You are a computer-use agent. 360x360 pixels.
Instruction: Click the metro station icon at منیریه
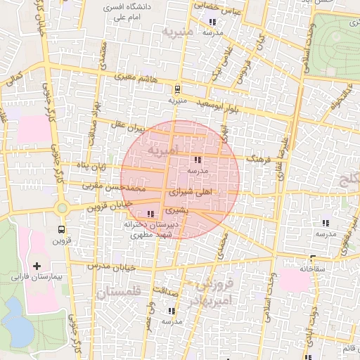(176, 89)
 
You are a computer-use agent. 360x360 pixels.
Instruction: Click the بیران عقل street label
(129, 127)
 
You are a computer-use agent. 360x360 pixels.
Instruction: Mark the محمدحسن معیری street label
(114, 188)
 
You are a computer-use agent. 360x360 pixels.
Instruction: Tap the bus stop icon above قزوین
(62, 229)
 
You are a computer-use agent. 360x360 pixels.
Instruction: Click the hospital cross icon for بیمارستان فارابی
(37, 266)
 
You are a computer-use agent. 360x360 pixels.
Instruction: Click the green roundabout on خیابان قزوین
(62, 207)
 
